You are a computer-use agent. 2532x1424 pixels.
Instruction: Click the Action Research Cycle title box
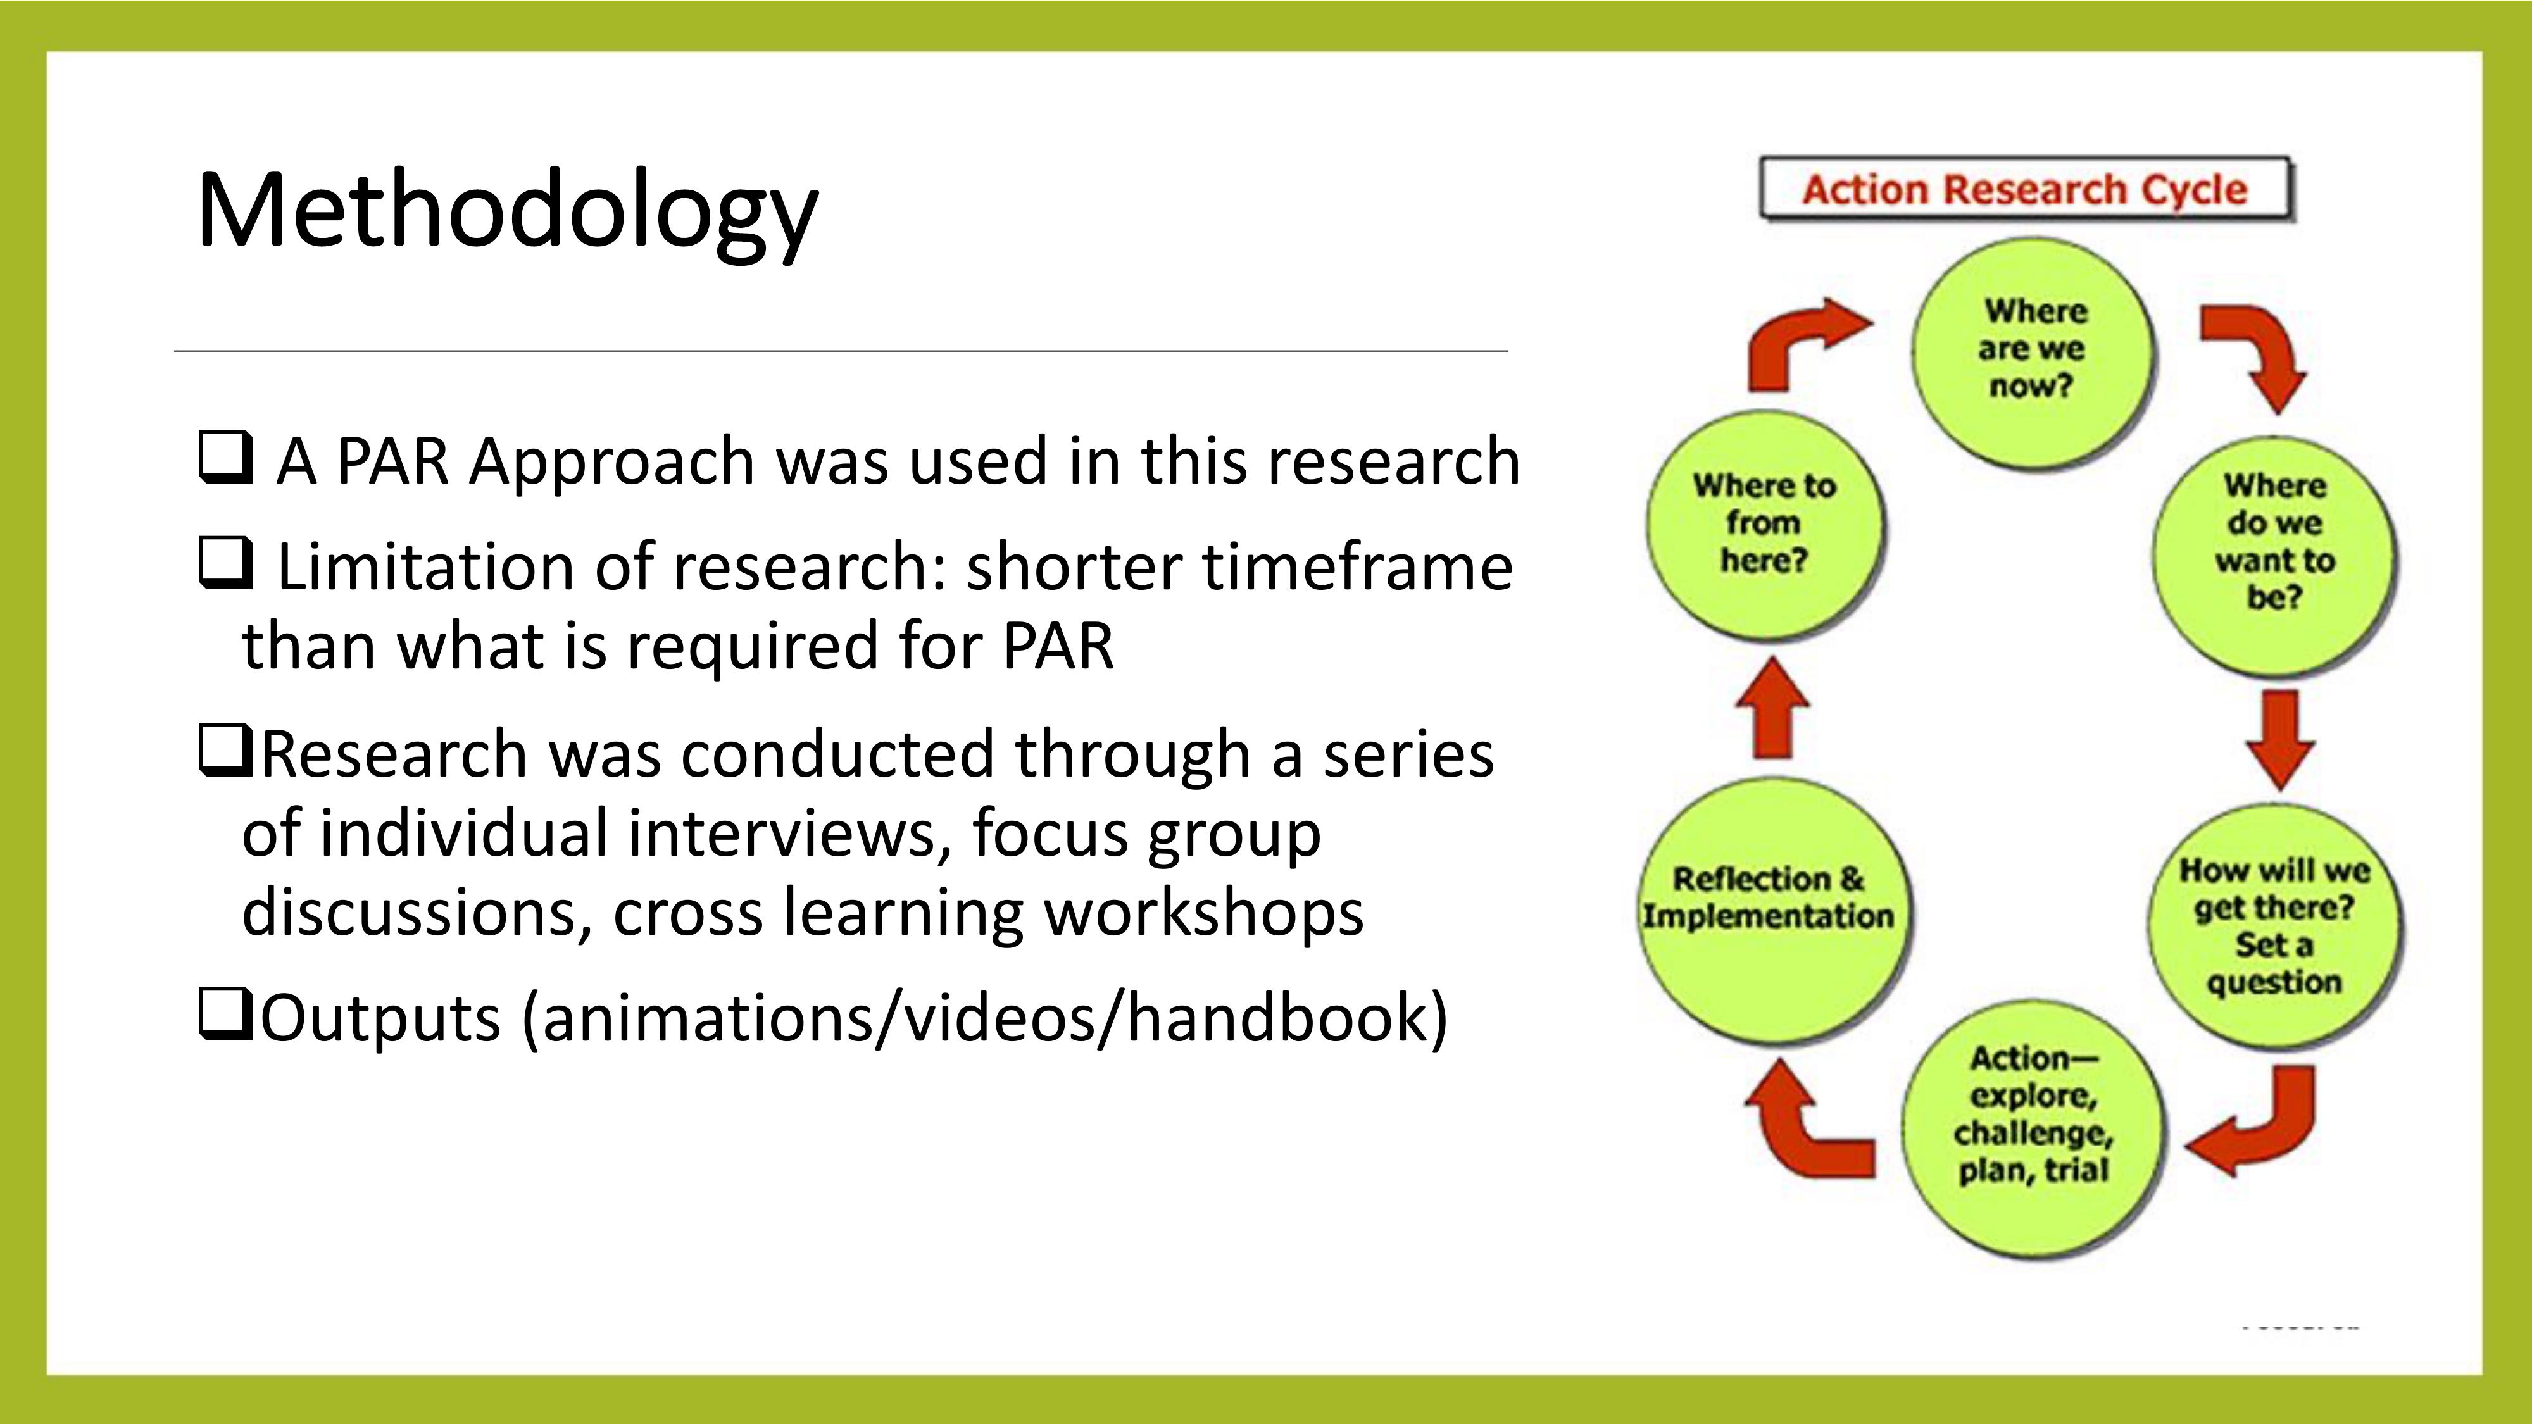(x=2025, y=188)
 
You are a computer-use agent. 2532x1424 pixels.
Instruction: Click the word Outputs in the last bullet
(x=381, y=1018)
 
